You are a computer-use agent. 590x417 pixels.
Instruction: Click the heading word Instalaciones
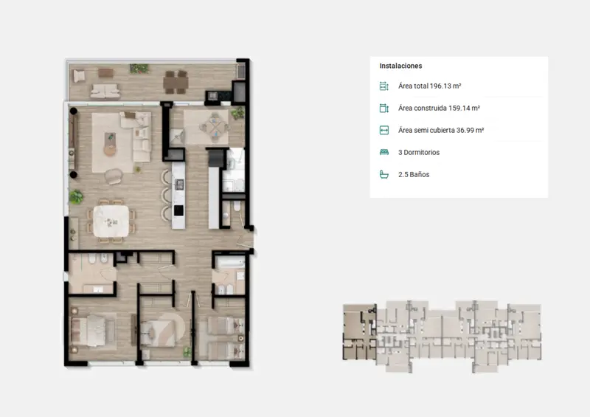pos(400,66)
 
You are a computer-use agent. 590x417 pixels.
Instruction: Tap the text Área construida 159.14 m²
pos(439,108)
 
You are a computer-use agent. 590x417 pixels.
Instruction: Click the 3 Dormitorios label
pos(419,153)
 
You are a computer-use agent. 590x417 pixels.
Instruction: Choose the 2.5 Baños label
pos(414,174)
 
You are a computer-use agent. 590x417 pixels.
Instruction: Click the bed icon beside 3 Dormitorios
pos(383,152)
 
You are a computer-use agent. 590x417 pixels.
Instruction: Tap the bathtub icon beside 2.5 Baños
pos(383,174)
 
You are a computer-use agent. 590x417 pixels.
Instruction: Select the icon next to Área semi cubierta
pos(383,131)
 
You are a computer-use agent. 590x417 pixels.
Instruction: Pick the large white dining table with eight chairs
pos(111,221)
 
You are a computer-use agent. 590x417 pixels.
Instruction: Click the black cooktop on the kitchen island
pos(178,210)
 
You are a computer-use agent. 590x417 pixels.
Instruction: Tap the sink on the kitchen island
pos(179,185)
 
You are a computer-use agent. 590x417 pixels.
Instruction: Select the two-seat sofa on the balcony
pos(105,91)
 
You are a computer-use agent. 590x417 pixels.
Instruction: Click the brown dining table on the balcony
pos(176,82)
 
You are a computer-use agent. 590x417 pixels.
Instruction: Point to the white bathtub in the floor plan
pos(230,263)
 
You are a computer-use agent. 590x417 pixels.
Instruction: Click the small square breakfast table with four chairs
pos(215,128)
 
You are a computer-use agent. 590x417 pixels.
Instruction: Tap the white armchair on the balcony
pos(79,77)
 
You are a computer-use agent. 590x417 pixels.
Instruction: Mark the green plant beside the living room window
pos(76,196)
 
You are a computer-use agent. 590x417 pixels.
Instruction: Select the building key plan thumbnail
pos(442,337)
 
